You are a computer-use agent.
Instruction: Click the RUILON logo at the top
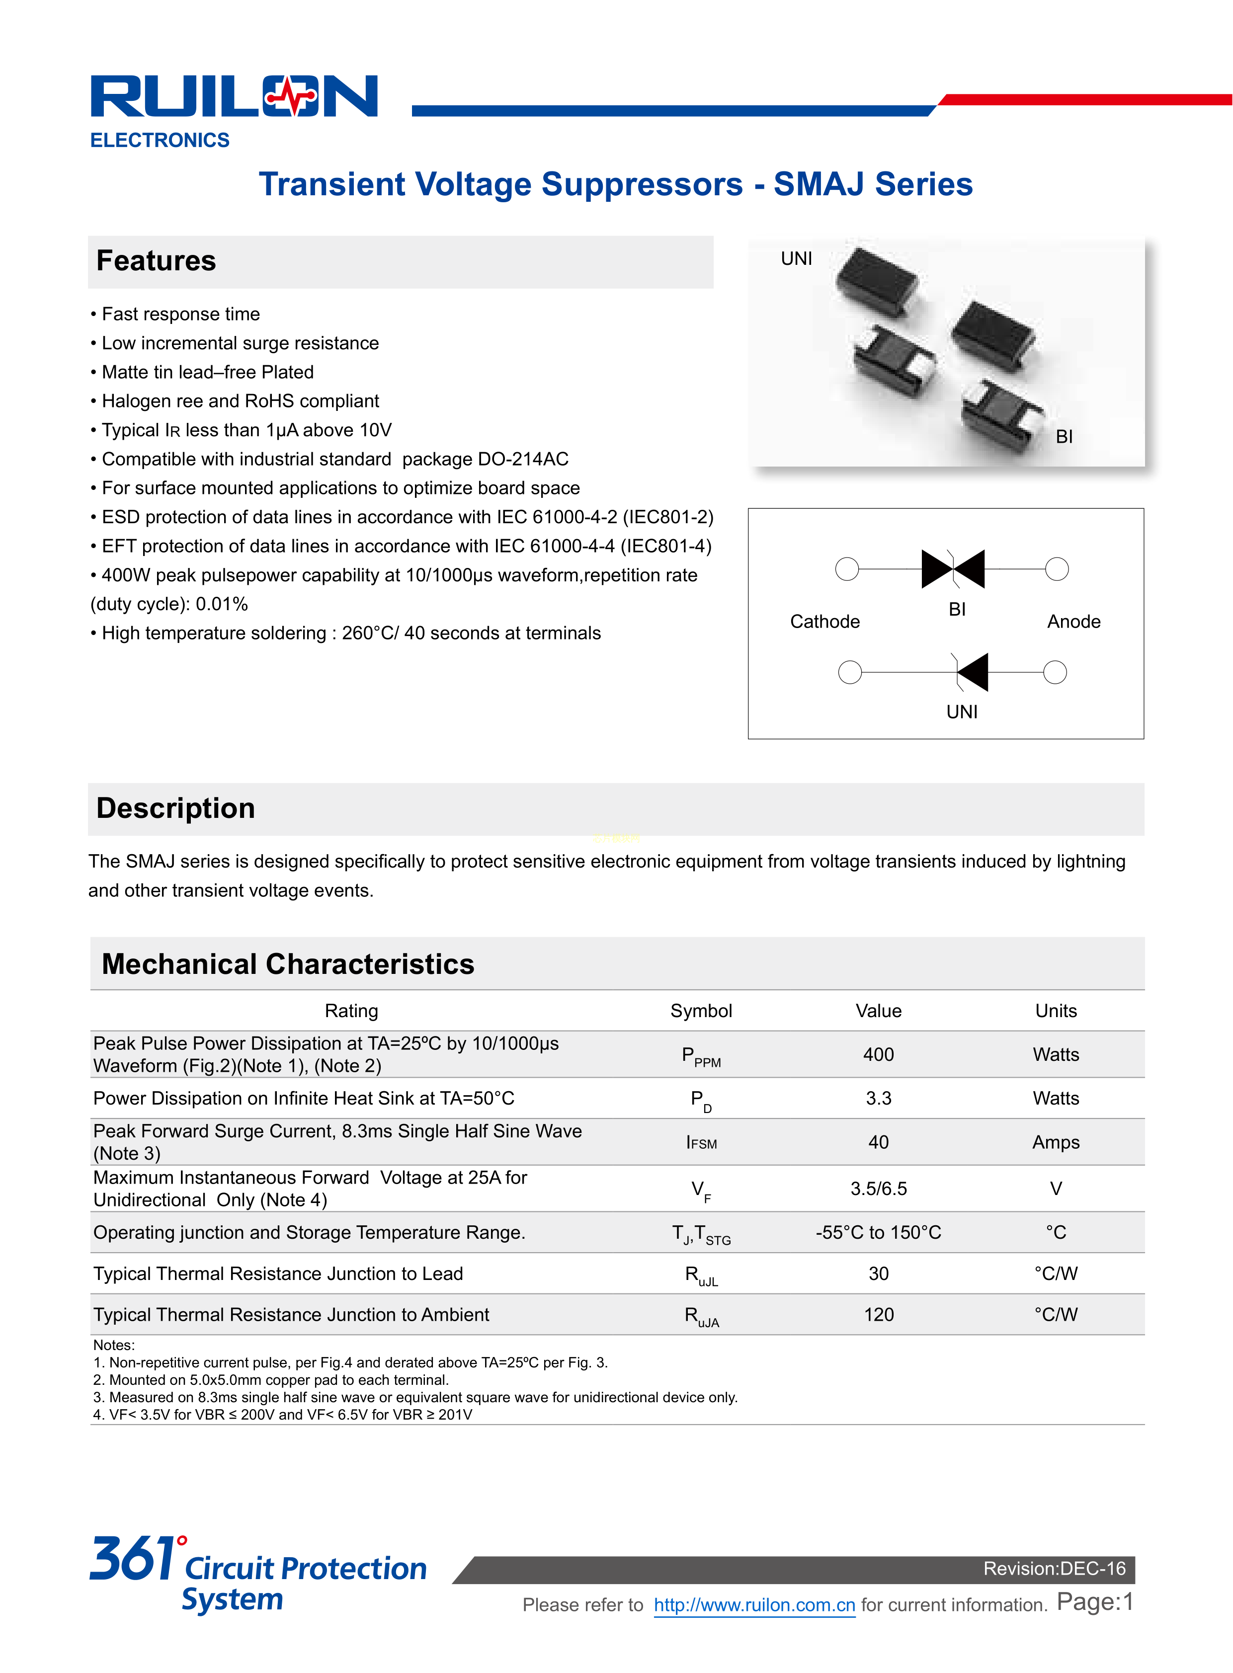pos(234,96)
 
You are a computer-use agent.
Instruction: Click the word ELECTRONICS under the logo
pos(160,140)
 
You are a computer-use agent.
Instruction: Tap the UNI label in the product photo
pos(796,259)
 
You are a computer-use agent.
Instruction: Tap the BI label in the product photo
pos(1064,437)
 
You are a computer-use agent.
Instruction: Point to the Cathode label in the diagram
pos(825,622)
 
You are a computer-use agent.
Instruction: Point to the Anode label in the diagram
pos(1073,622)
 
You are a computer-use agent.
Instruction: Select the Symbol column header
pos(701,1011)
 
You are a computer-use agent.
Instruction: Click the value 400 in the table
pos(879,1054)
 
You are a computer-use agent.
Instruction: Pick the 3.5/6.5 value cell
pos(879,1189)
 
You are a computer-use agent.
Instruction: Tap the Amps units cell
pos(1056,1142)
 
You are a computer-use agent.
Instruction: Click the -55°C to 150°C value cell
pos(879,1233)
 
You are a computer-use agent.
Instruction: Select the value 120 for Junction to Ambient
pos(879,1315)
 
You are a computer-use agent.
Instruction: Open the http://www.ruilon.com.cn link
pos(754,1605)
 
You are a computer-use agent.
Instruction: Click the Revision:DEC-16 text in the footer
pos(1054,1569)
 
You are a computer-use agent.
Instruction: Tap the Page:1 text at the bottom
pos(1095,1602)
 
